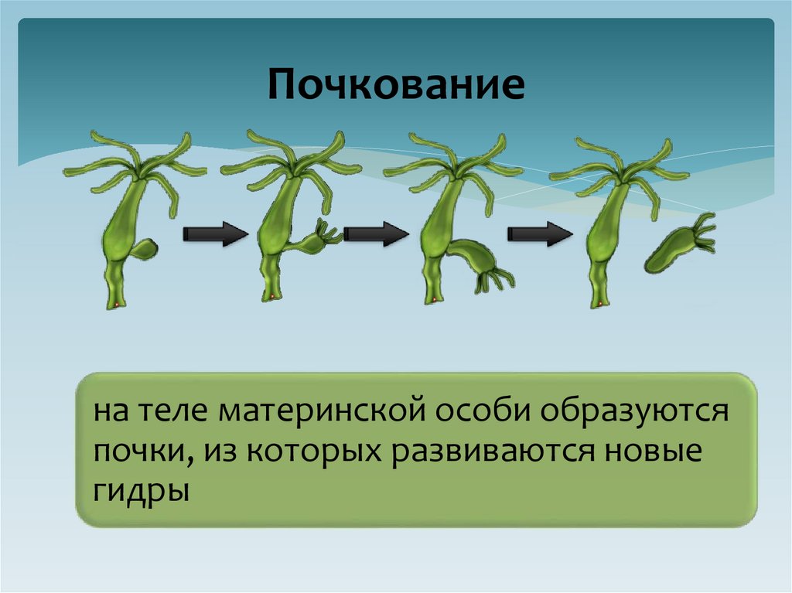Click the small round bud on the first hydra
[x=144, y=250]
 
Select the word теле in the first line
[x=175, y=410]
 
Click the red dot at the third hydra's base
[x=435, y=300]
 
